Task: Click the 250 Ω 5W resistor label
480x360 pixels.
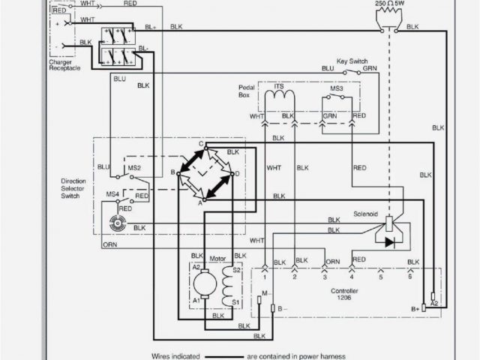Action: (x=389, y=4)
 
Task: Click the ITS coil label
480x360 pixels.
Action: (x=279, y=87)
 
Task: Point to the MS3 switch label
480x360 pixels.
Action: (x=337, y=88)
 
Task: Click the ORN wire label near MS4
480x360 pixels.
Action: (x=110, y=244)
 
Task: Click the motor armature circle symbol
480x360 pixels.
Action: (x=202, y=283)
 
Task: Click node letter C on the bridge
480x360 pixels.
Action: (x=201, y=143)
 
